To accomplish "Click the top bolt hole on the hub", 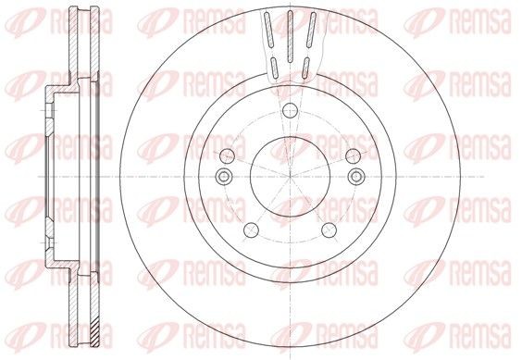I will pyautogui.click(x=289, y=109).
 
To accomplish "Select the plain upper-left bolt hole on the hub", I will pyautogui.click(x=228, y=154).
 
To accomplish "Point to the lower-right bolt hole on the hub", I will pyautogui.click(x=330, y=229).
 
